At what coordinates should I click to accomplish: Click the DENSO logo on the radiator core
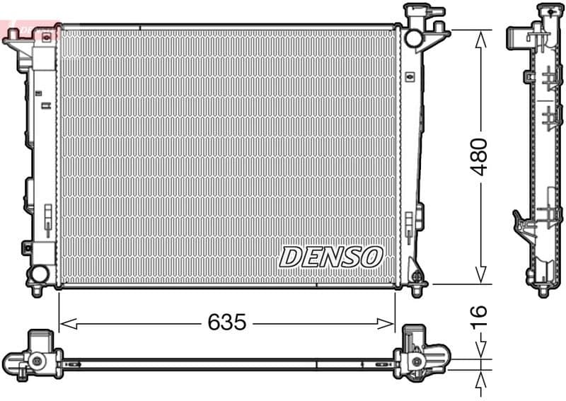(x=331, y=257)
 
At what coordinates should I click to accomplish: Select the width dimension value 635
(x=226, y=323)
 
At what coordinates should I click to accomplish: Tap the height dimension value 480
(x=480, y=157)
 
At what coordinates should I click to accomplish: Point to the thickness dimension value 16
(x=480, y=312)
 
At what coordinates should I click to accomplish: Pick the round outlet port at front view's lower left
(x=39, y=273)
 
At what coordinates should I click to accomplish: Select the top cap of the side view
(x=547, y=10)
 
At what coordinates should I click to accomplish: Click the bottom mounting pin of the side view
(x=543, y=290)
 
